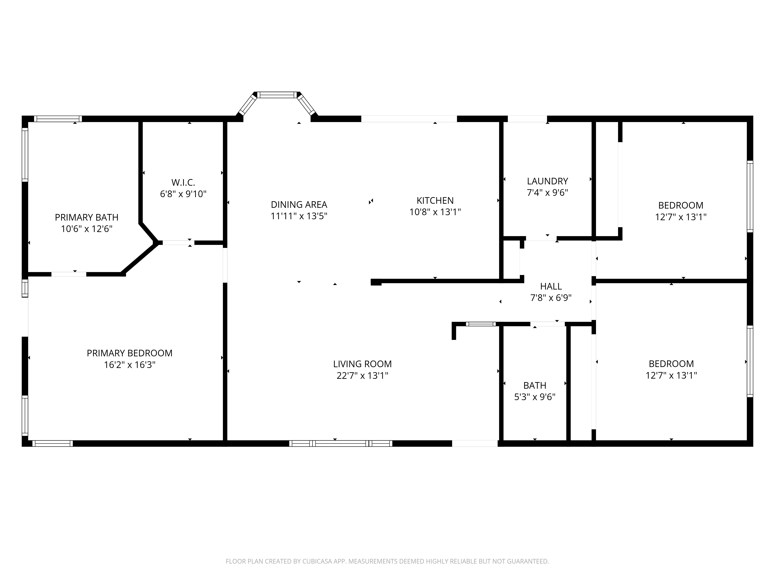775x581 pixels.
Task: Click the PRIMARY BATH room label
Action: (87, 217)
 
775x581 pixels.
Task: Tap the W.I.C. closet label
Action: (183, 182)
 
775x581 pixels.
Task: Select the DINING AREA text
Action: (299, 205)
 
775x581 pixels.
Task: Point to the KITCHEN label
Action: (435, 201)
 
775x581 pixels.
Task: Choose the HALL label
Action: (551, 286)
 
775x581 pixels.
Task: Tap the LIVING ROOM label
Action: (362, 364)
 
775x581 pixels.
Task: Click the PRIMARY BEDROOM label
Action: (130, 353)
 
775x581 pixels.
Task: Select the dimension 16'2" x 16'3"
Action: (130, 365)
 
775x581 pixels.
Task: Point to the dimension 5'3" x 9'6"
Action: (535, 397)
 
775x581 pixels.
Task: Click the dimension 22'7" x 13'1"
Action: (362, 376)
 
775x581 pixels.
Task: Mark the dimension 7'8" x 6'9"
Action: (551, 298)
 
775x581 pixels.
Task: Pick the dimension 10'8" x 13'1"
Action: (435, 212)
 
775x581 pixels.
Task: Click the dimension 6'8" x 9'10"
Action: (183, 194)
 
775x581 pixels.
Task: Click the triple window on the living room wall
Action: (341, 443)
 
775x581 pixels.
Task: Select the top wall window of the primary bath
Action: (58, 119)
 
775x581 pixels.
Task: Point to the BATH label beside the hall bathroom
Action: (535, 386)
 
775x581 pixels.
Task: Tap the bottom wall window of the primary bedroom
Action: (53, 443)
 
